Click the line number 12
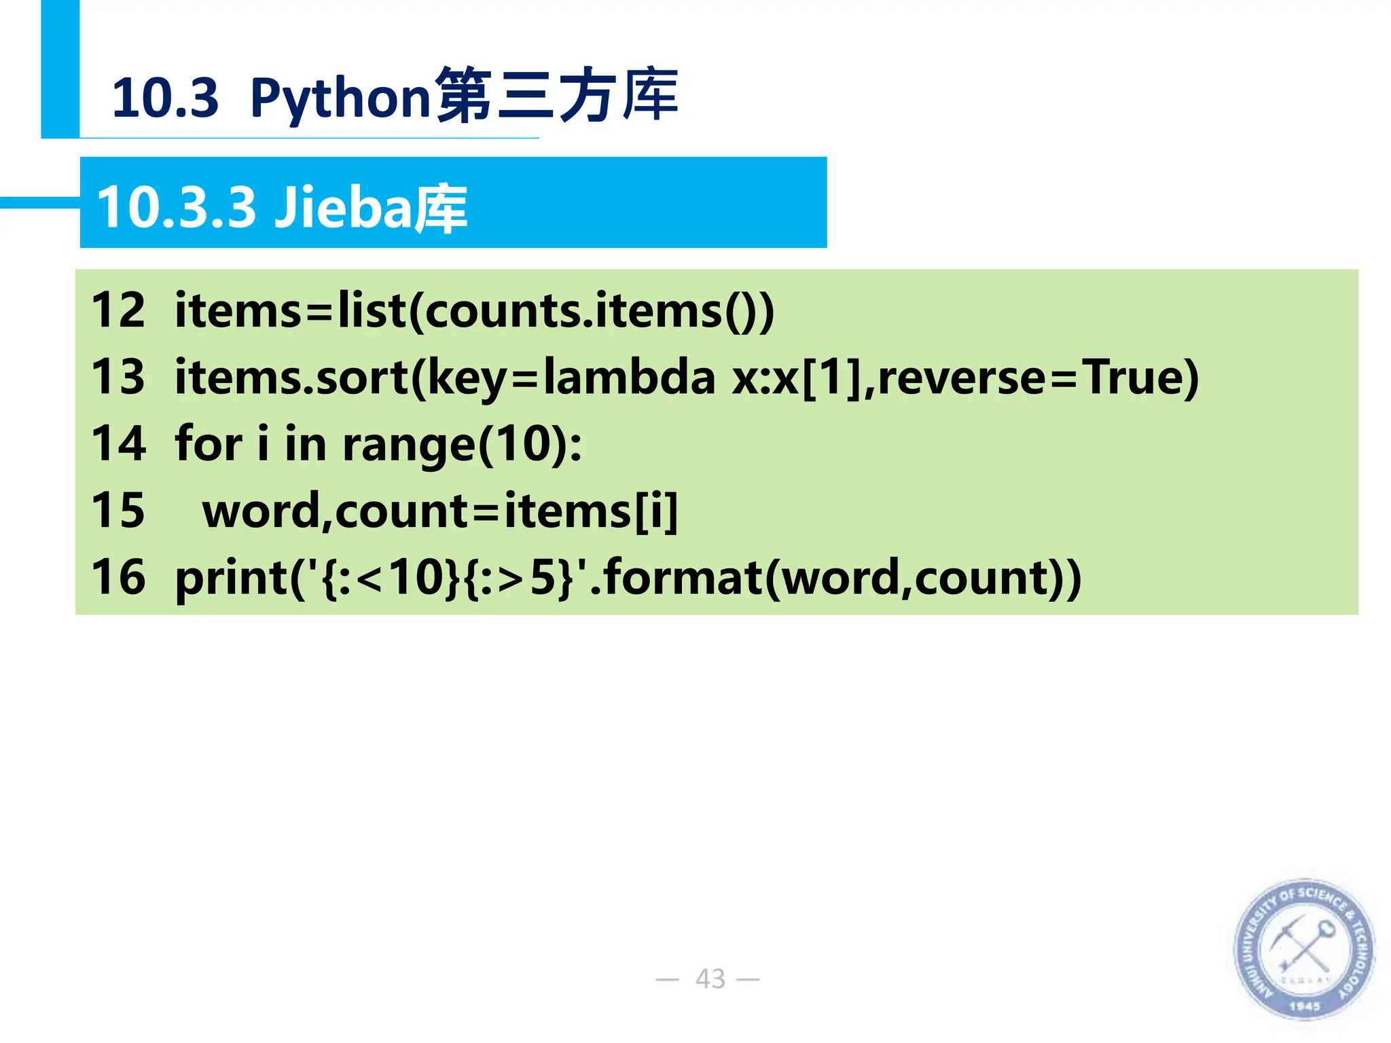(118, 310)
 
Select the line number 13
(118, 377)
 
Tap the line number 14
(118, 443)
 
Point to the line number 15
(118, 510)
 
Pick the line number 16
(118, 577)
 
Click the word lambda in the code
(629, 377)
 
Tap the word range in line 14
(409, 445)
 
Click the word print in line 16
(232, 578)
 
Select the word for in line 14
(209, 443)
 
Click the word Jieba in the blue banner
(343, 207)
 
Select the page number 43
(710, 978)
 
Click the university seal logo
(1303, 949)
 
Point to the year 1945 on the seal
(1304, 1006)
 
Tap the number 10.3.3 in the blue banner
(177, 207)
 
